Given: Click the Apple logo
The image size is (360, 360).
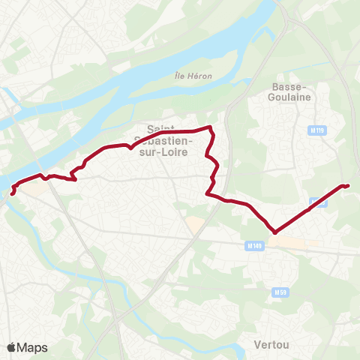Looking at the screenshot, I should pyautogui.click(x=12, y=347).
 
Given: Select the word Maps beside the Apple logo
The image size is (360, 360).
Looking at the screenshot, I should pyautogui.click(x=32, y=347).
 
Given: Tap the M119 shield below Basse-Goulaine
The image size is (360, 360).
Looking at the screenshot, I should pyautogui.click(x=317, y=130).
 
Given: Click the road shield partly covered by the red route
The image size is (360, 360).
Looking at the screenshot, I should pyautogui.click(x=318, y=201).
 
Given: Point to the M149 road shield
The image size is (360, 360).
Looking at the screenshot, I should pyautogui.click(x=255, y=245).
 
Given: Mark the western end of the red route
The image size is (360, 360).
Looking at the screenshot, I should pyautogui.click(x=12, y=193).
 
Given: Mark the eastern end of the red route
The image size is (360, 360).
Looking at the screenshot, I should pyautogui.click(x=349, y=185).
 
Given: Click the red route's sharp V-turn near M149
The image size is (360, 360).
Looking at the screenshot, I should pyautogui.click(x=275, y=232).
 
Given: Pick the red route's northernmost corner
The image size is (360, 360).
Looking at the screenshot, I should pyautogui.click(x=210, y=128).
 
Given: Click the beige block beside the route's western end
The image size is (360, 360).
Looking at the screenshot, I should pyautogui.click(x=31, y=190).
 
